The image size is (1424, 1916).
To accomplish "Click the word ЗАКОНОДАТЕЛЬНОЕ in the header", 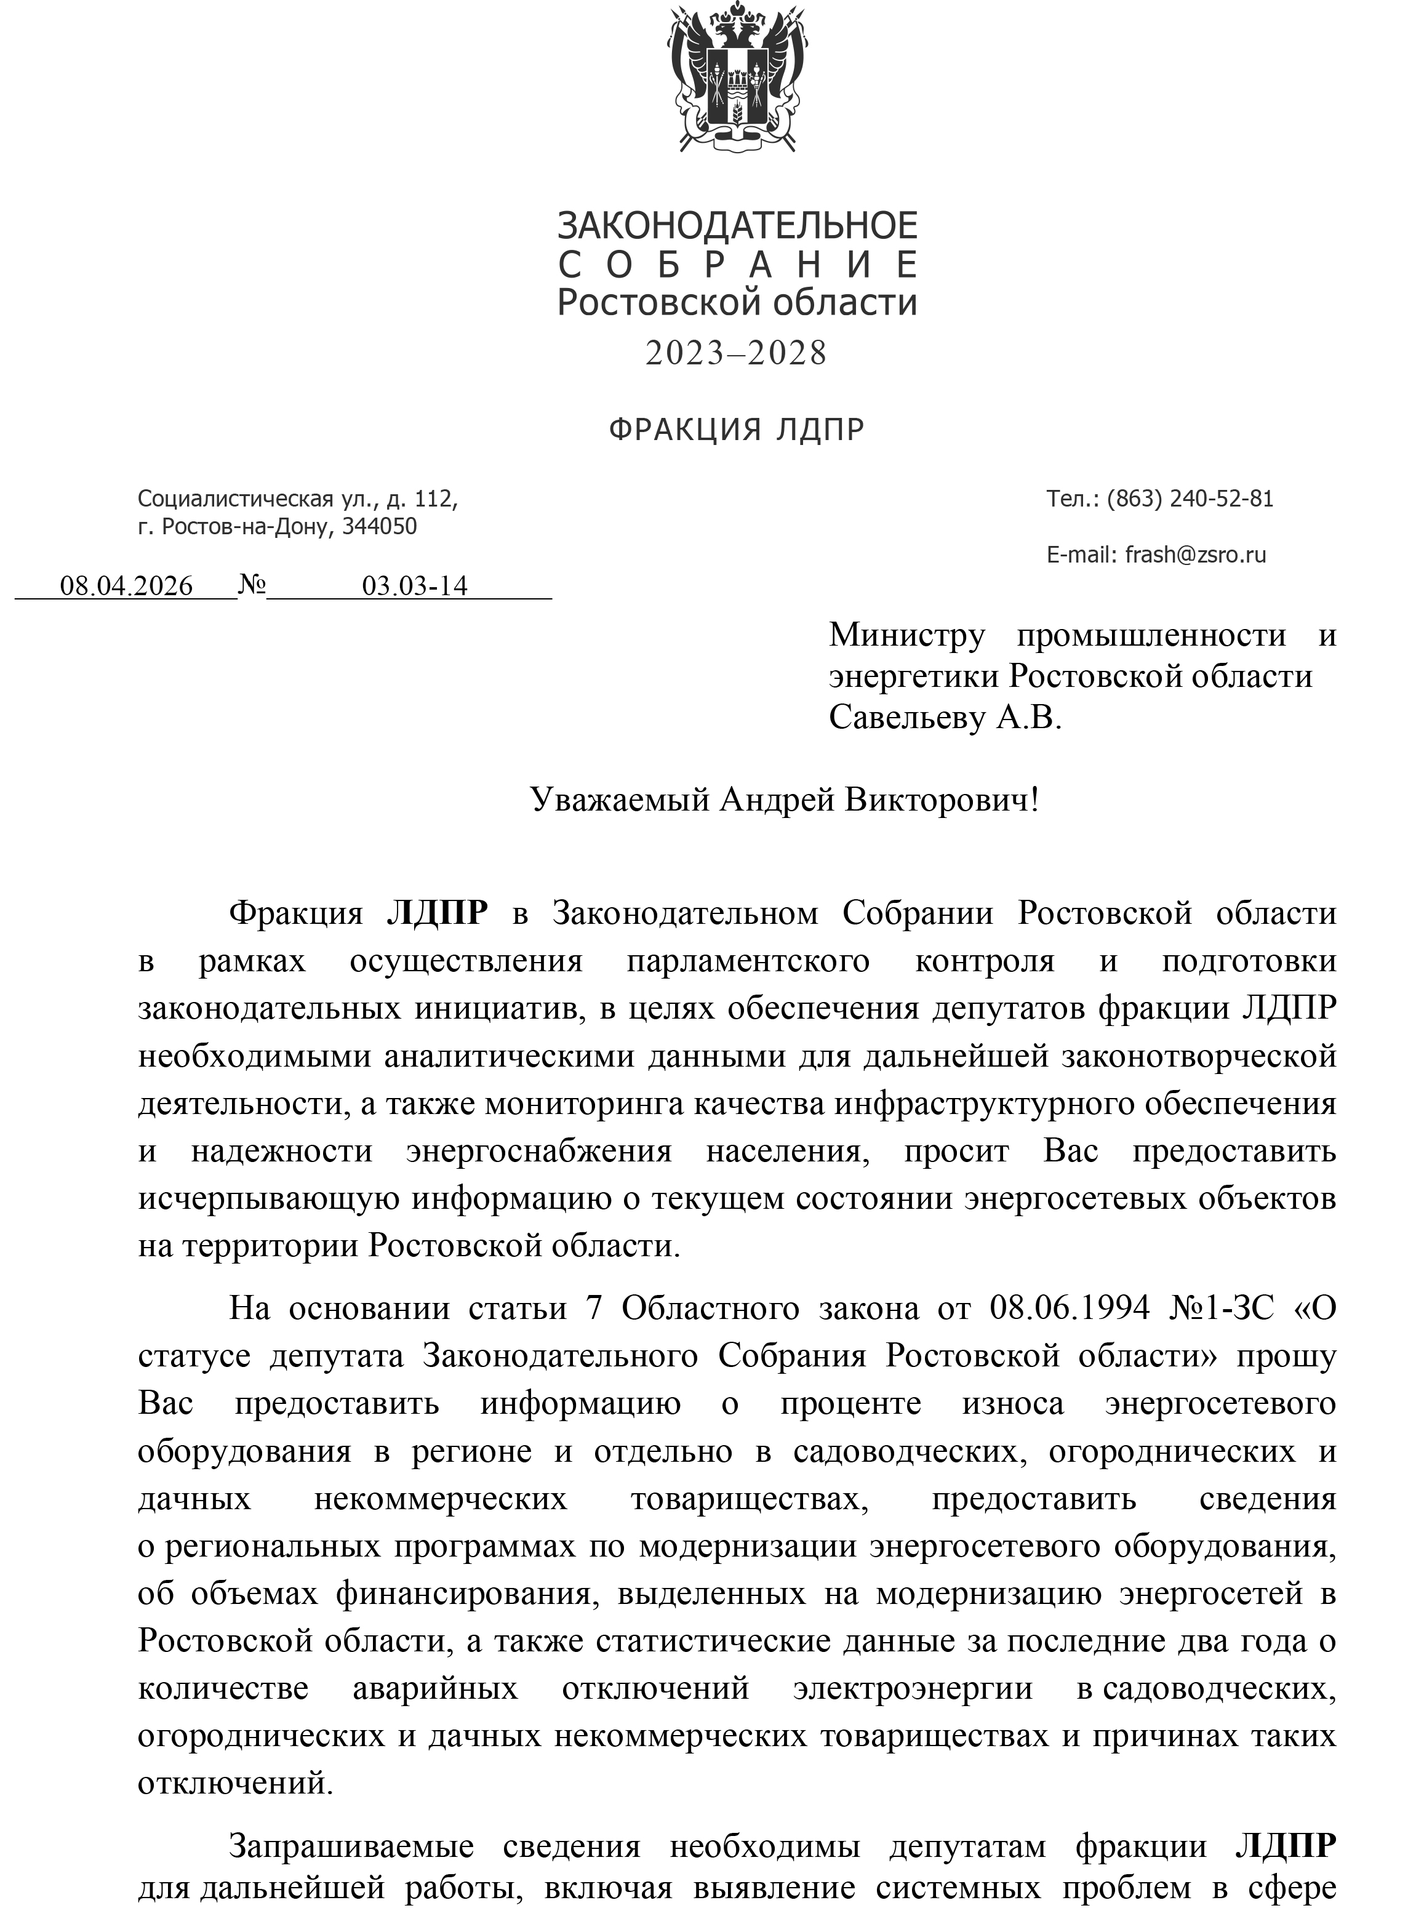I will coord(737,226).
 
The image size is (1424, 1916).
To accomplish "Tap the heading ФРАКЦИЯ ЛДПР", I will coord(736,428).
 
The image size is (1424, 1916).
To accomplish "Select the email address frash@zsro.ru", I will coord(1194,554).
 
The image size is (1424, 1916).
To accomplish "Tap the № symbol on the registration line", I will coord(252,585).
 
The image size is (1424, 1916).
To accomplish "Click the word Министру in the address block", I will coord(907,635).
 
